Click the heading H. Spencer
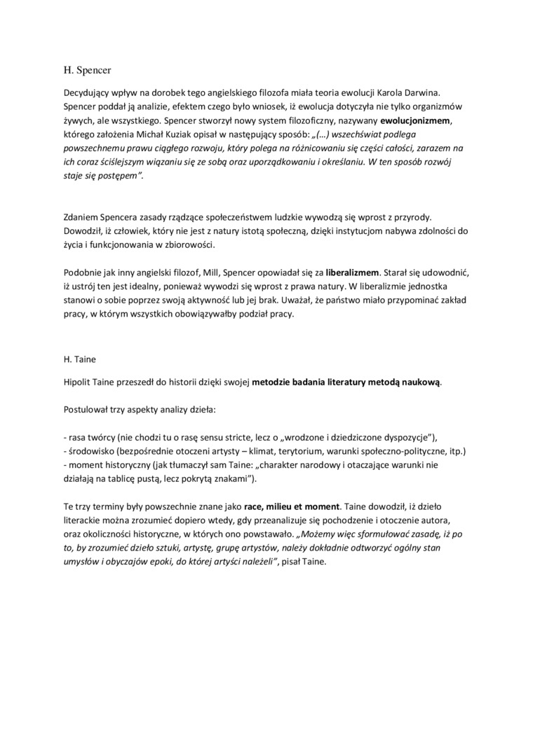pyautogui.click(x=87, y=70)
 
